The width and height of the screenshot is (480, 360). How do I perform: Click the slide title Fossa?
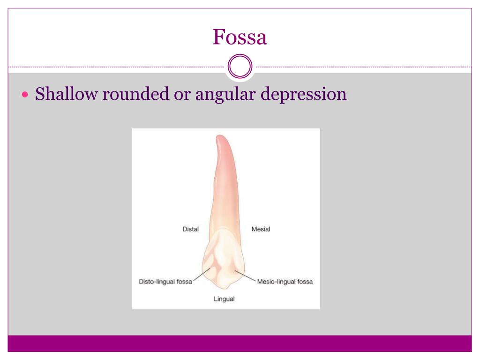click(240, 37)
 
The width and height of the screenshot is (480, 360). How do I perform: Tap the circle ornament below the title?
click(240, 67)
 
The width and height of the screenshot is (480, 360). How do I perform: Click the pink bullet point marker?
click(26, 95)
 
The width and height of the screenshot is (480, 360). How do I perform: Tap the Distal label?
click(190, 229)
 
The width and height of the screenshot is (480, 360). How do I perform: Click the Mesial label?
click(261, 229)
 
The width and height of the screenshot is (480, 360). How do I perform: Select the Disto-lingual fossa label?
click(165, 282)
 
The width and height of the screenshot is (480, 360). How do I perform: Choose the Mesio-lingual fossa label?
click(285, 282)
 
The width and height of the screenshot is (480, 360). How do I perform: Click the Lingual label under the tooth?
click(224, 299)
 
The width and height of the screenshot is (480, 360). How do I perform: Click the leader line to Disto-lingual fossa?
click(202, 276)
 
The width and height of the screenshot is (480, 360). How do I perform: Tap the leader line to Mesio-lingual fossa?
click(245, 276)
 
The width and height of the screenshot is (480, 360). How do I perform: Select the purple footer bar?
click(240, 344)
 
